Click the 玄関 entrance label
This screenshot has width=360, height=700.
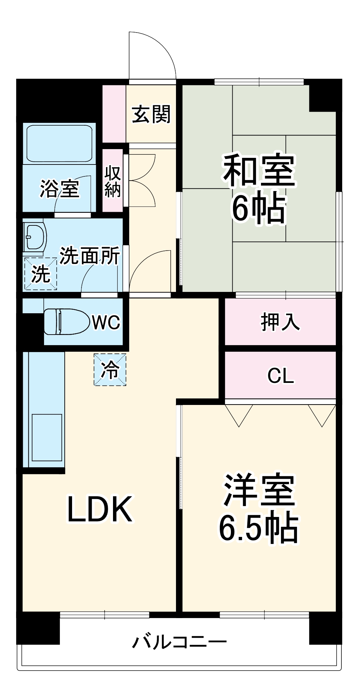tap(151, 114)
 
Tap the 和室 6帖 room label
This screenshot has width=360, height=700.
tap(259, 189)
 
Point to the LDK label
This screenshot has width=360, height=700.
tap(100, 509)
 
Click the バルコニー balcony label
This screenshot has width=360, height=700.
tap(179, 642)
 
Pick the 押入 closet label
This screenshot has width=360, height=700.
tap(280, 322)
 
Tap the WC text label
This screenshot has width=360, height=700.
tap(106, 322)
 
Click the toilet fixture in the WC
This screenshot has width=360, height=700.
tap(66, 321)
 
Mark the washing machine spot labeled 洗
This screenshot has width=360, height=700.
tap(41, 274)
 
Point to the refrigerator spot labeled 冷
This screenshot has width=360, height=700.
tap(110, 370)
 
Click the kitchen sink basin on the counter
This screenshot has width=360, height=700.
tap(47, 437)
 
